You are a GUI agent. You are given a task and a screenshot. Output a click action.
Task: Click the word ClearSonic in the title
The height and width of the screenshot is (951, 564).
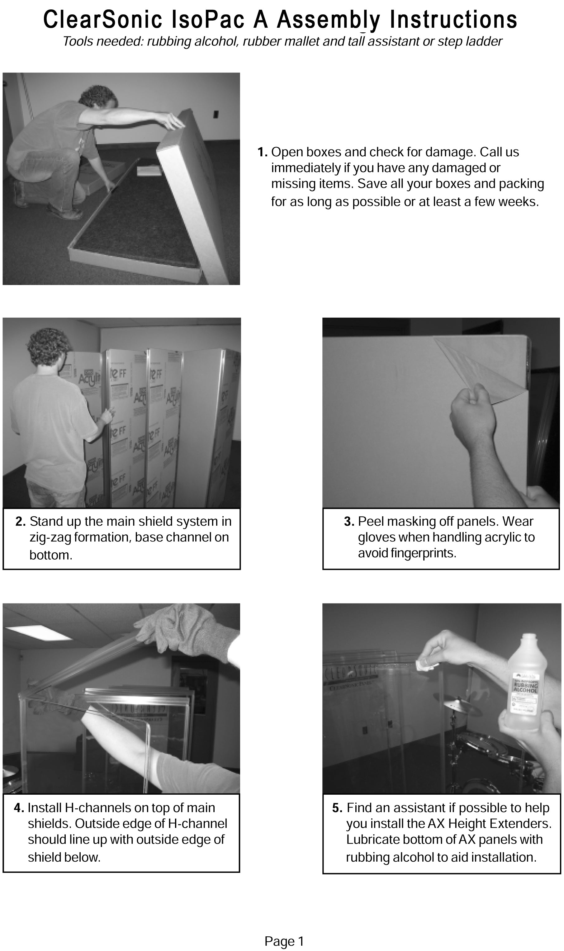click(x=102, y=20)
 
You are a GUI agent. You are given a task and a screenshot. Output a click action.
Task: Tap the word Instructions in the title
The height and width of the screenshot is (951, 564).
click(x=454, y=20)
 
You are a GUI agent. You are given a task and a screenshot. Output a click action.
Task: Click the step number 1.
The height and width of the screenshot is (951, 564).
click(x=263, y=152)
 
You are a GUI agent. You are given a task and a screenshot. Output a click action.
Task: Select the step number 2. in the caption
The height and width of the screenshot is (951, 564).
click(x=21, y=522)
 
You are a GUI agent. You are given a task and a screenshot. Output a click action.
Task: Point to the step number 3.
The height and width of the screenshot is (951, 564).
click(x=349, y=522)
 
